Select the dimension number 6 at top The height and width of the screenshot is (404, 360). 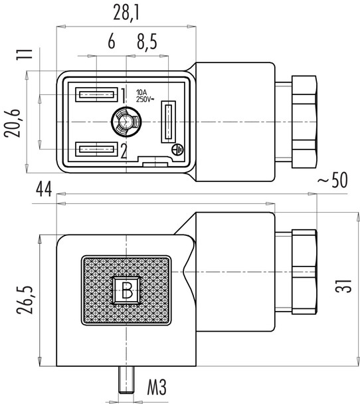coord(111,43)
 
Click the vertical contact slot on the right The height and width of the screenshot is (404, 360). coord(168,122)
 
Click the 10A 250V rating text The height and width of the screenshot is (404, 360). coord(146,95)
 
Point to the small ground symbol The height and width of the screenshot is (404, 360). coord(177,150)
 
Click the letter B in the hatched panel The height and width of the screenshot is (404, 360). coord(126,290)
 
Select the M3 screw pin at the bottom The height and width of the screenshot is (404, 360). coord(126,385)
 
